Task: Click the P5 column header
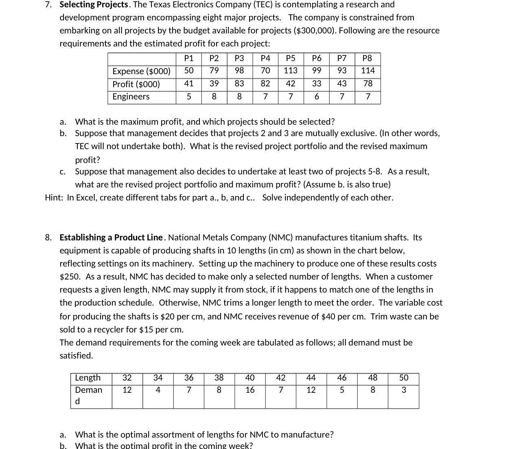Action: (x=291, y=58)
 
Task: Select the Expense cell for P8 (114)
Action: (x=368, y=70)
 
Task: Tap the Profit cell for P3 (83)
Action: (x=239, y=84)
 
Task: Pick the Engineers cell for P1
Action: (x=188, y=97)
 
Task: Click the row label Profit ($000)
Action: (x=136, y=84)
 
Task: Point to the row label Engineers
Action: (x=131, y=97)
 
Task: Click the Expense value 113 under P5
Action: (x=291, y=70)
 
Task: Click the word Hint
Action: (x=54, y=198)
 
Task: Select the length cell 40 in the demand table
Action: (x=250, y=378)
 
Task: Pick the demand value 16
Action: (x=250, y=390)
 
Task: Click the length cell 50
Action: (x=403, y=378)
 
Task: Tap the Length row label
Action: (x=88, y=378)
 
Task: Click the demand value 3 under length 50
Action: (x=403, y=390)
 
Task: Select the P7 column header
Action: (x=342, y=58)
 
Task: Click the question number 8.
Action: (x=48, y=238)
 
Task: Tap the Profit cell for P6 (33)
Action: (x=316, y=84)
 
